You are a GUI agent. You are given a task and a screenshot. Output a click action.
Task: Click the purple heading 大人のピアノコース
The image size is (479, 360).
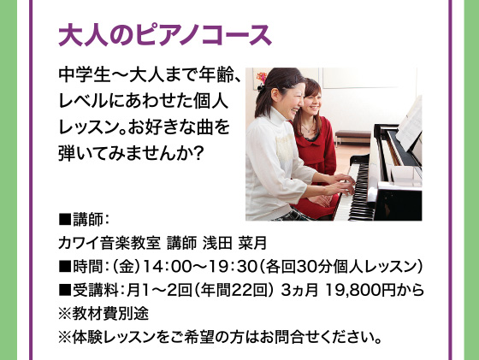pos(165,35)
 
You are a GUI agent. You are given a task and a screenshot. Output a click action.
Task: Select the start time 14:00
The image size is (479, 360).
pos(159,267)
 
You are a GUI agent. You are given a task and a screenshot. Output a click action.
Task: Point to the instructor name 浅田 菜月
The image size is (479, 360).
pos(235,244)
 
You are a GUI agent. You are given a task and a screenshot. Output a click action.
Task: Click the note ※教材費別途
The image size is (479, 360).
pos(103,314)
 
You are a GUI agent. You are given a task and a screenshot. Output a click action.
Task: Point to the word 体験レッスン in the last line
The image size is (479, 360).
pos(114,337)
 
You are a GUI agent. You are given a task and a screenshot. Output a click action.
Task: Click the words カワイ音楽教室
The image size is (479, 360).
pos(109,244)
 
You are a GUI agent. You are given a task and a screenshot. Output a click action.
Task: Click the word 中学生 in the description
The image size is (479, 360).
pos(85,75)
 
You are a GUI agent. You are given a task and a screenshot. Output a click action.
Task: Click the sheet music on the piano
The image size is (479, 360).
pos(411,125)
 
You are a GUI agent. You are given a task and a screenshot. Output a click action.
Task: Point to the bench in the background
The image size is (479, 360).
pos(352,136)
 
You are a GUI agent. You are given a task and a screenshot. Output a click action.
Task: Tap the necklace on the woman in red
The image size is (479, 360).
pos(309,127)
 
